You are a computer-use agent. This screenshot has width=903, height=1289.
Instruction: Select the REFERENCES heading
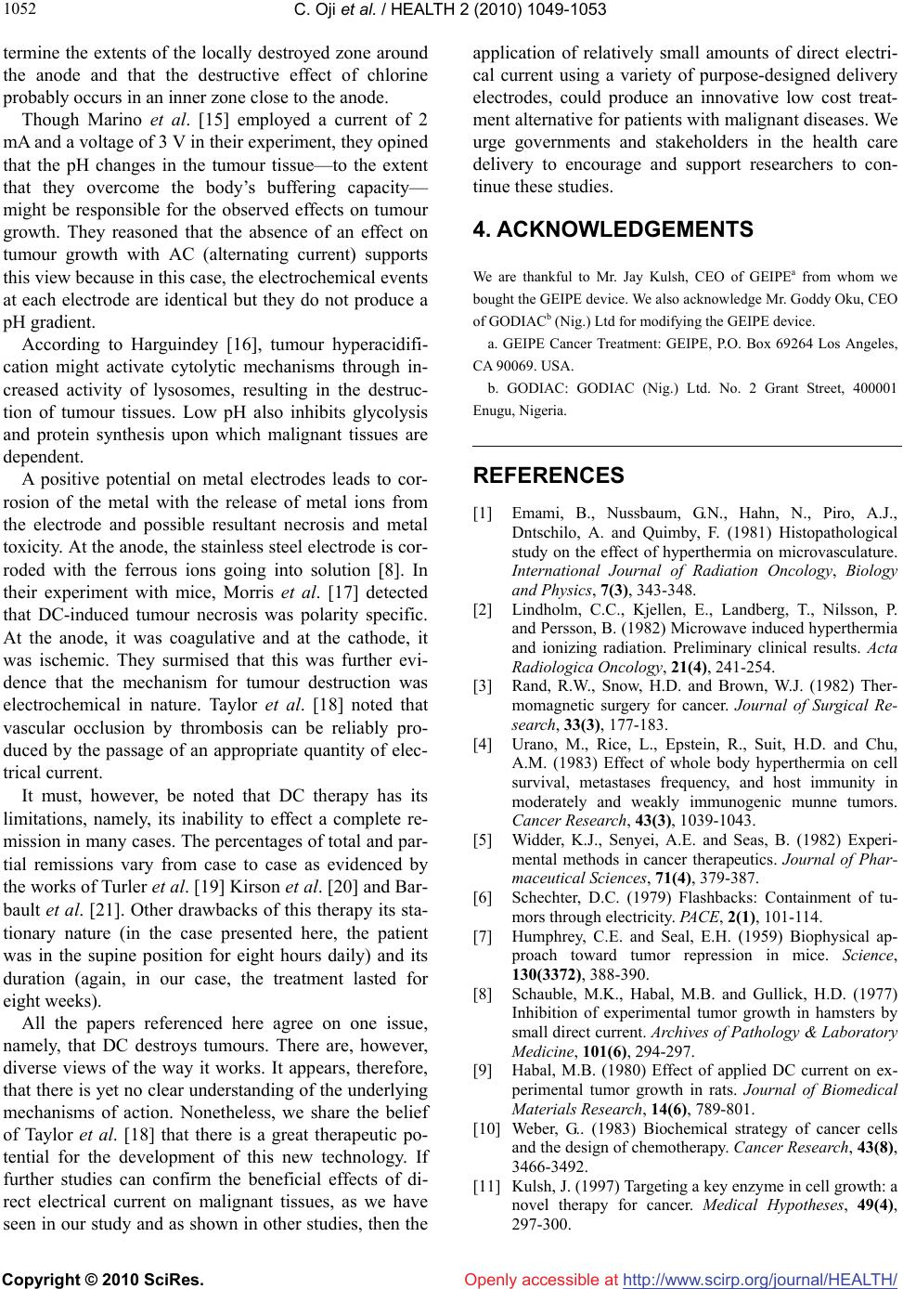click(548, 475)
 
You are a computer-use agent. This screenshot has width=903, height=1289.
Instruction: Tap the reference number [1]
click(483, 512)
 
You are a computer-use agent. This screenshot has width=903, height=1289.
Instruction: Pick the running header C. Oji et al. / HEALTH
click(451, 10)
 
